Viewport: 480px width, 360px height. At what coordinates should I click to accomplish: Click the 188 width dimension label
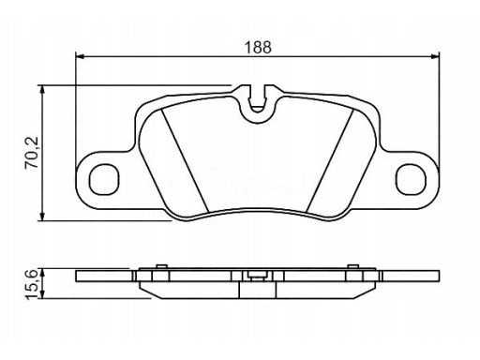pos(258,48)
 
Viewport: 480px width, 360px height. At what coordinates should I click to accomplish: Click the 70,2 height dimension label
pos(32,153)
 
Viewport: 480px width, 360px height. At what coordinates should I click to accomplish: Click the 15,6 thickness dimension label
pos(32,284)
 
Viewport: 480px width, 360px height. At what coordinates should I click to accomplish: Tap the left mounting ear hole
pos(104,180)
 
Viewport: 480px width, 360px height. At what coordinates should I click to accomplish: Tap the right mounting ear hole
pos(411,179)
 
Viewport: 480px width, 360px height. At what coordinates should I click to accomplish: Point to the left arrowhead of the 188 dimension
pos(80,56)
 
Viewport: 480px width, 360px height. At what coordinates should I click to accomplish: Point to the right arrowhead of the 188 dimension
pos(435,56)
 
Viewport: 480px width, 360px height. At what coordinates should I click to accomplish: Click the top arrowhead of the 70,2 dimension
pos(42,89)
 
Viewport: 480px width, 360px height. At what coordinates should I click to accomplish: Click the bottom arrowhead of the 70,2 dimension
pos(42,217)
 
